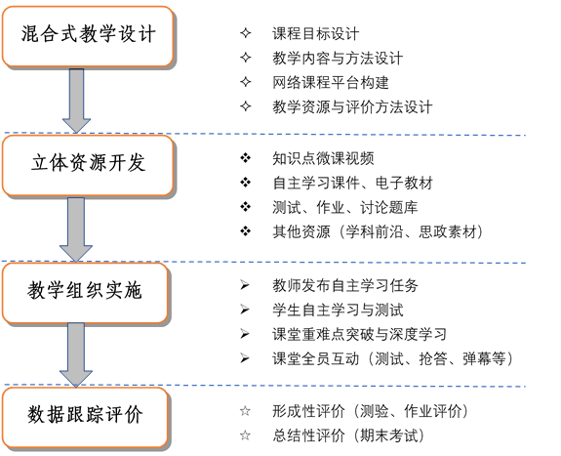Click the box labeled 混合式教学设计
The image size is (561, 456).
point(88,36)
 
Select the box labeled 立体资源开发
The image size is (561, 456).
point(88,165)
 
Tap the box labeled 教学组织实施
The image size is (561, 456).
point(85,293)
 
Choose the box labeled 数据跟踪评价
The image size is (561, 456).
point(85,417)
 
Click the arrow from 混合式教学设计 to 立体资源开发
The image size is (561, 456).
point(76,101)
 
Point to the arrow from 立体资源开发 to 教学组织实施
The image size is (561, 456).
point(76,229)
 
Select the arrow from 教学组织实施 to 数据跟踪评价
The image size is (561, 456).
point(76,354)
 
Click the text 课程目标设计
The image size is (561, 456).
point(315,34)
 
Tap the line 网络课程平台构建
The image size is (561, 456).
point(330,83)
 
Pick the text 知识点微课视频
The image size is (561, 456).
point(323,158)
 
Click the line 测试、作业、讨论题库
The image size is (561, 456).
point(345,207)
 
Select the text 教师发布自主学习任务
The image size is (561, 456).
point(345,285)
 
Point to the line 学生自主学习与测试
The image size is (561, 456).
point(338,310)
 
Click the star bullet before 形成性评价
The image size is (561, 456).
point(245,411)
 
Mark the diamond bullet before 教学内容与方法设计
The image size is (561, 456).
point(246,58)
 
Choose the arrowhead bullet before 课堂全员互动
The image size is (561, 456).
point(245,358)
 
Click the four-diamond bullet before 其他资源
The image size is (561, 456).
point(246,231)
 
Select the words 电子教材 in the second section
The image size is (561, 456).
point(404,183)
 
